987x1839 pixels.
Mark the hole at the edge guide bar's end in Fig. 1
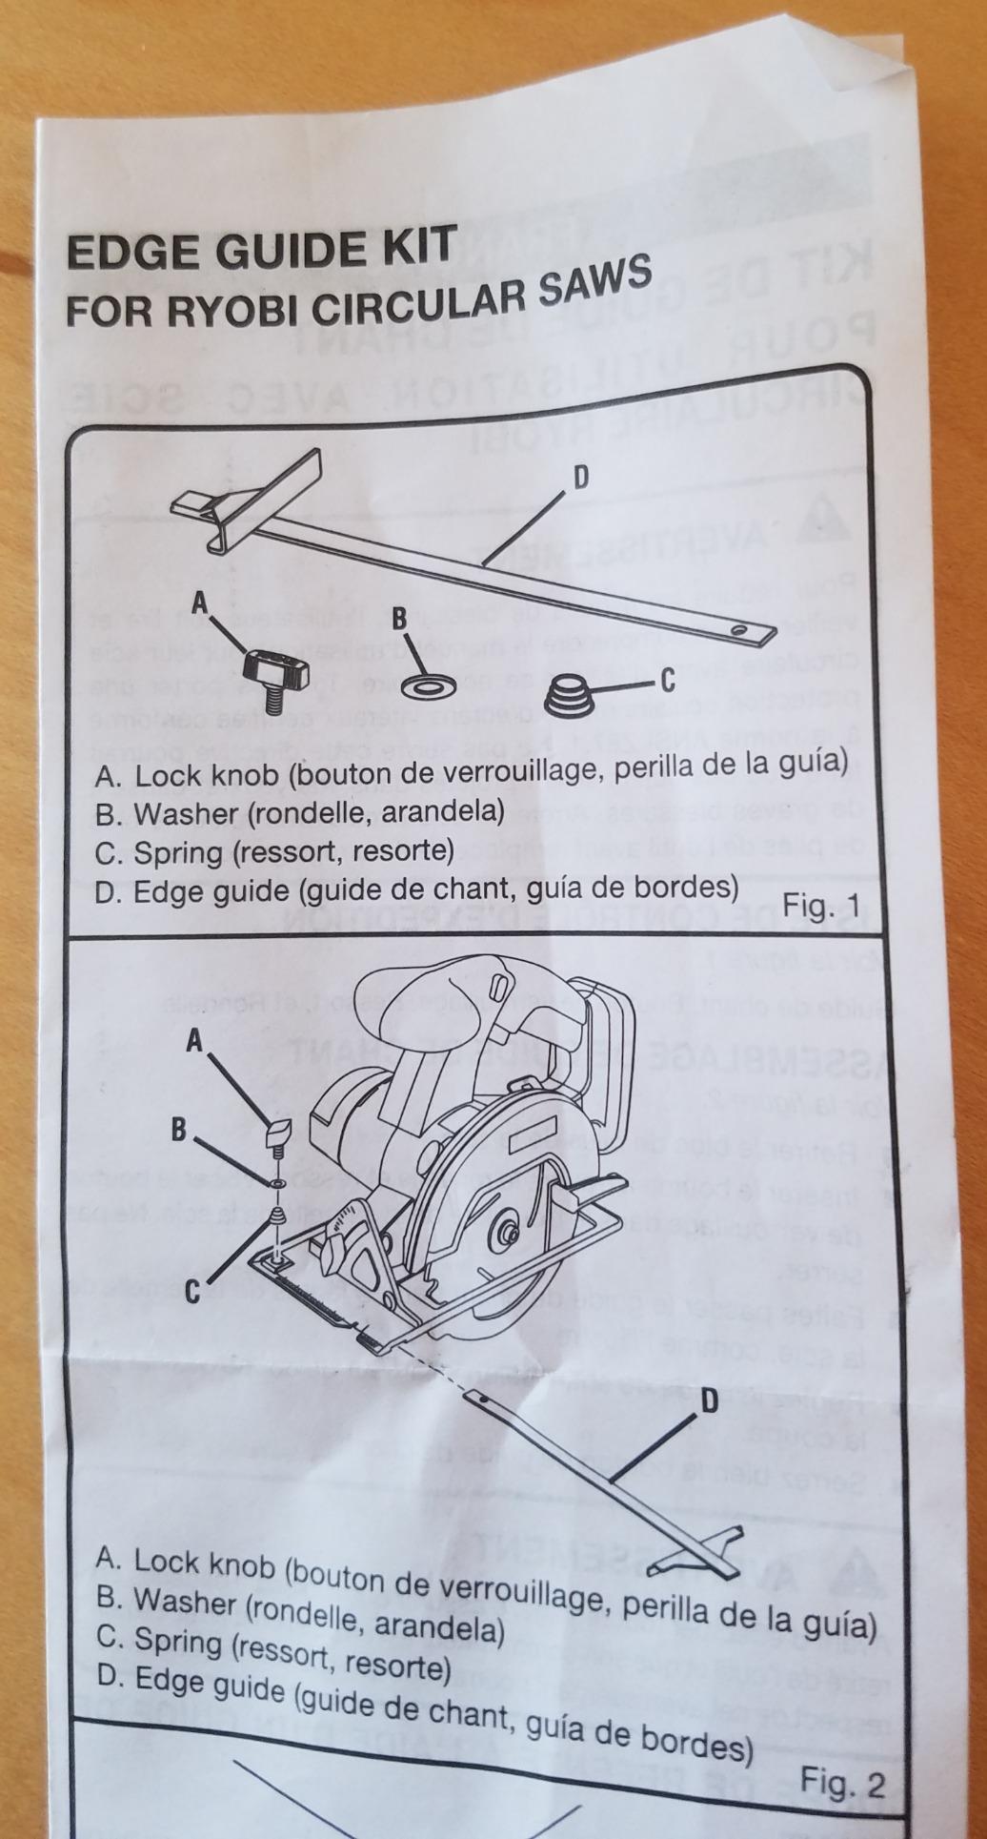pyautogui.click(x=739, y=630)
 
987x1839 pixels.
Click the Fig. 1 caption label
pyautogui.click(x=820, y=906)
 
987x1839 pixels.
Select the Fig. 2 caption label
pyautogui.click(x=842, y=1782)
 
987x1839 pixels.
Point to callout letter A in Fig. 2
pyautogui.click(x=195, y=1043)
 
